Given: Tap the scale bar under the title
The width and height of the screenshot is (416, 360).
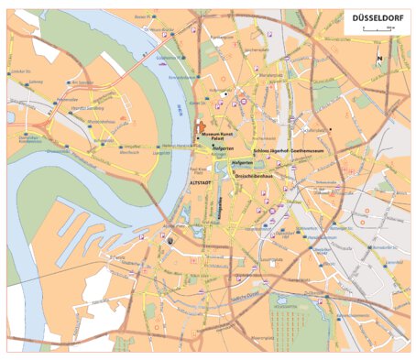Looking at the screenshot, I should coord(378,29).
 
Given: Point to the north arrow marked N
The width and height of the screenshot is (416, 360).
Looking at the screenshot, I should coord(379,60).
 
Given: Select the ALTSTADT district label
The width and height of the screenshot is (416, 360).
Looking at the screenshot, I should coord(200,183).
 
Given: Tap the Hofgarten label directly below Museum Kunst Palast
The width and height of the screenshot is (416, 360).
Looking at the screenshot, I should coord(223,147).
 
